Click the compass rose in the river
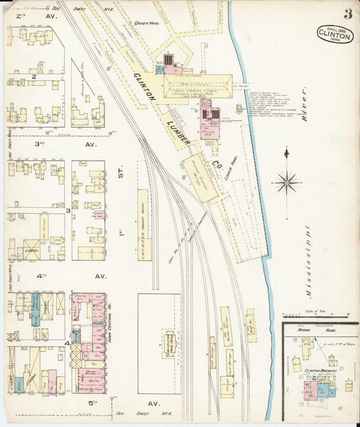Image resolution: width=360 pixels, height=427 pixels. pos(286,182)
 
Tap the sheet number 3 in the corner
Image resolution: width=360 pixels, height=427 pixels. pos(346,14)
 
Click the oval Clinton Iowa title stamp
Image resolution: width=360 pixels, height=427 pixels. pos(334,34)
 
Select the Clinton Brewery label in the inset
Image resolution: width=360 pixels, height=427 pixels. pos(320,371)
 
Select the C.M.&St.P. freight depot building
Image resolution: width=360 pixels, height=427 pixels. pos(143,223)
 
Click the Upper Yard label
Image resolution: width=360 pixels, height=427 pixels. pos(147,24)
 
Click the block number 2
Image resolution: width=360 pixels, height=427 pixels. pos(33,77)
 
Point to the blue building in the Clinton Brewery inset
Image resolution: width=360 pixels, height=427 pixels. pos(324,390)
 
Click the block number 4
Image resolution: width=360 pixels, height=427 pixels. pos(68,343)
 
